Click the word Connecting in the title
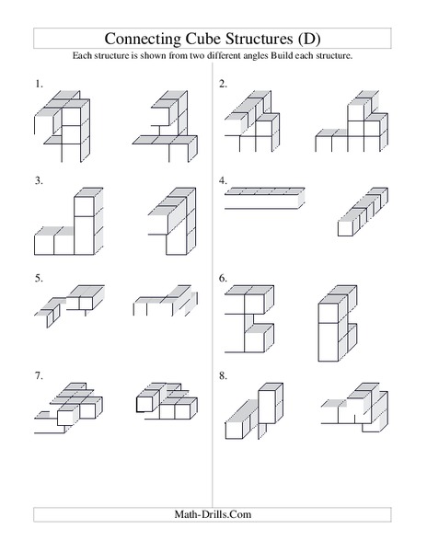tap(141, 39)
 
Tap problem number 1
tap(40, 84)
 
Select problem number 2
tap(223, 84)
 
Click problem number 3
tap(40, 181)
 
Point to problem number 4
tap(223, 181)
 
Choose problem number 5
tap(40, 277)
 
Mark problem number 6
tap(223, 277)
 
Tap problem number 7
tap(40, 375)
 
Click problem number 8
tap(223, 375)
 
